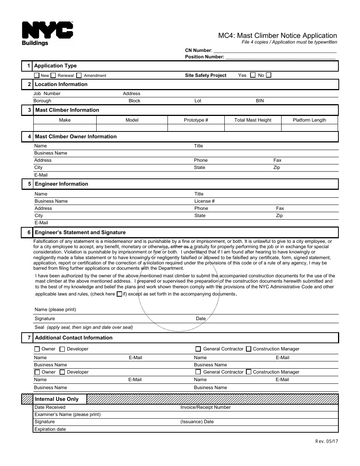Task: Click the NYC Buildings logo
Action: point(47,33)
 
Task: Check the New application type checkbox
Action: point(37,75)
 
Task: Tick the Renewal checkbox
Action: point(53,75)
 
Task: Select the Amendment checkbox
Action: point(79,75)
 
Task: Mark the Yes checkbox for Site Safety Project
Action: point(253,75)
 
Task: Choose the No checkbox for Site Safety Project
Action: point(269,75)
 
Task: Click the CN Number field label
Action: point(198,50)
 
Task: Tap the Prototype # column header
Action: point(196,120)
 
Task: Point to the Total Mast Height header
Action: point(253,120)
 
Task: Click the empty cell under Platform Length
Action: point(309,128)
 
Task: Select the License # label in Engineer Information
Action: point(205,201)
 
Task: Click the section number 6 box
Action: point(27,232)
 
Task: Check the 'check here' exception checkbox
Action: point(119,294)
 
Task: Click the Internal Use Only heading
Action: point(57,399)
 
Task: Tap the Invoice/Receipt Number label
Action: point(205,407)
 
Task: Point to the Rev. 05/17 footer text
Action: point(326,441)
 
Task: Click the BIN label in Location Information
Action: point(260,101)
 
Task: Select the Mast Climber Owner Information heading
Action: point(76,136)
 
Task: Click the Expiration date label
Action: point(50,429)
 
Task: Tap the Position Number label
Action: point(204,57)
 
